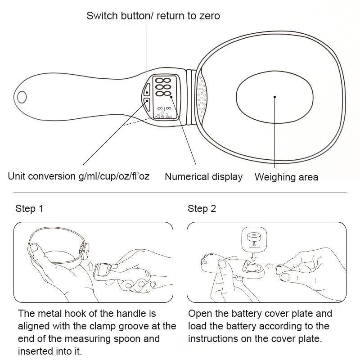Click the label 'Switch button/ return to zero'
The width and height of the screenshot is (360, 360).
click(x=153, y=17)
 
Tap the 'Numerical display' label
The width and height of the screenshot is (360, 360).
click(x=203, y=177)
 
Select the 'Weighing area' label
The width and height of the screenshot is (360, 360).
click(x=286, y=177)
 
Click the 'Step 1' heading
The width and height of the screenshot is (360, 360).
click(x=29, y=209)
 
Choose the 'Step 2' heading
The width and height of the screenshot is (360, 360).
click(x=202, y=209)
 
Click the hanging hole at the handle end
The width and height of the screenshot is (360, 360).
click(x=22, y=96)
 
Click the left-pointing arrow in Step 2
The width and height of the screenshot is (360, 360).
click(x=268, y=266)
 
